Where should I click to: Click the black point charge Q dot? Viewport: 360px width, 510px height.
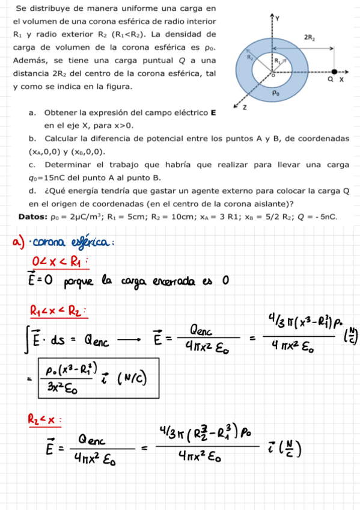pos(334,70)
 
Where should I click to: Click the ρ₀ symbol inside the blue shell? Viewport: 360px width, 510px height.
pos(275,93)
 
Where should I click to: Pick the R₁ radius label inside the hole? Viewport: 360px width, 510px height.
pos(278,61)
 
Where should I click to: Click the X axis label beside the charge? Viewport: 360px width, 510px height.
pos(342,79)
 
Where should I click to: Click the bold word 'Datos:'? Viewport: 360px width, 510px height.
pos(33,217)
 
